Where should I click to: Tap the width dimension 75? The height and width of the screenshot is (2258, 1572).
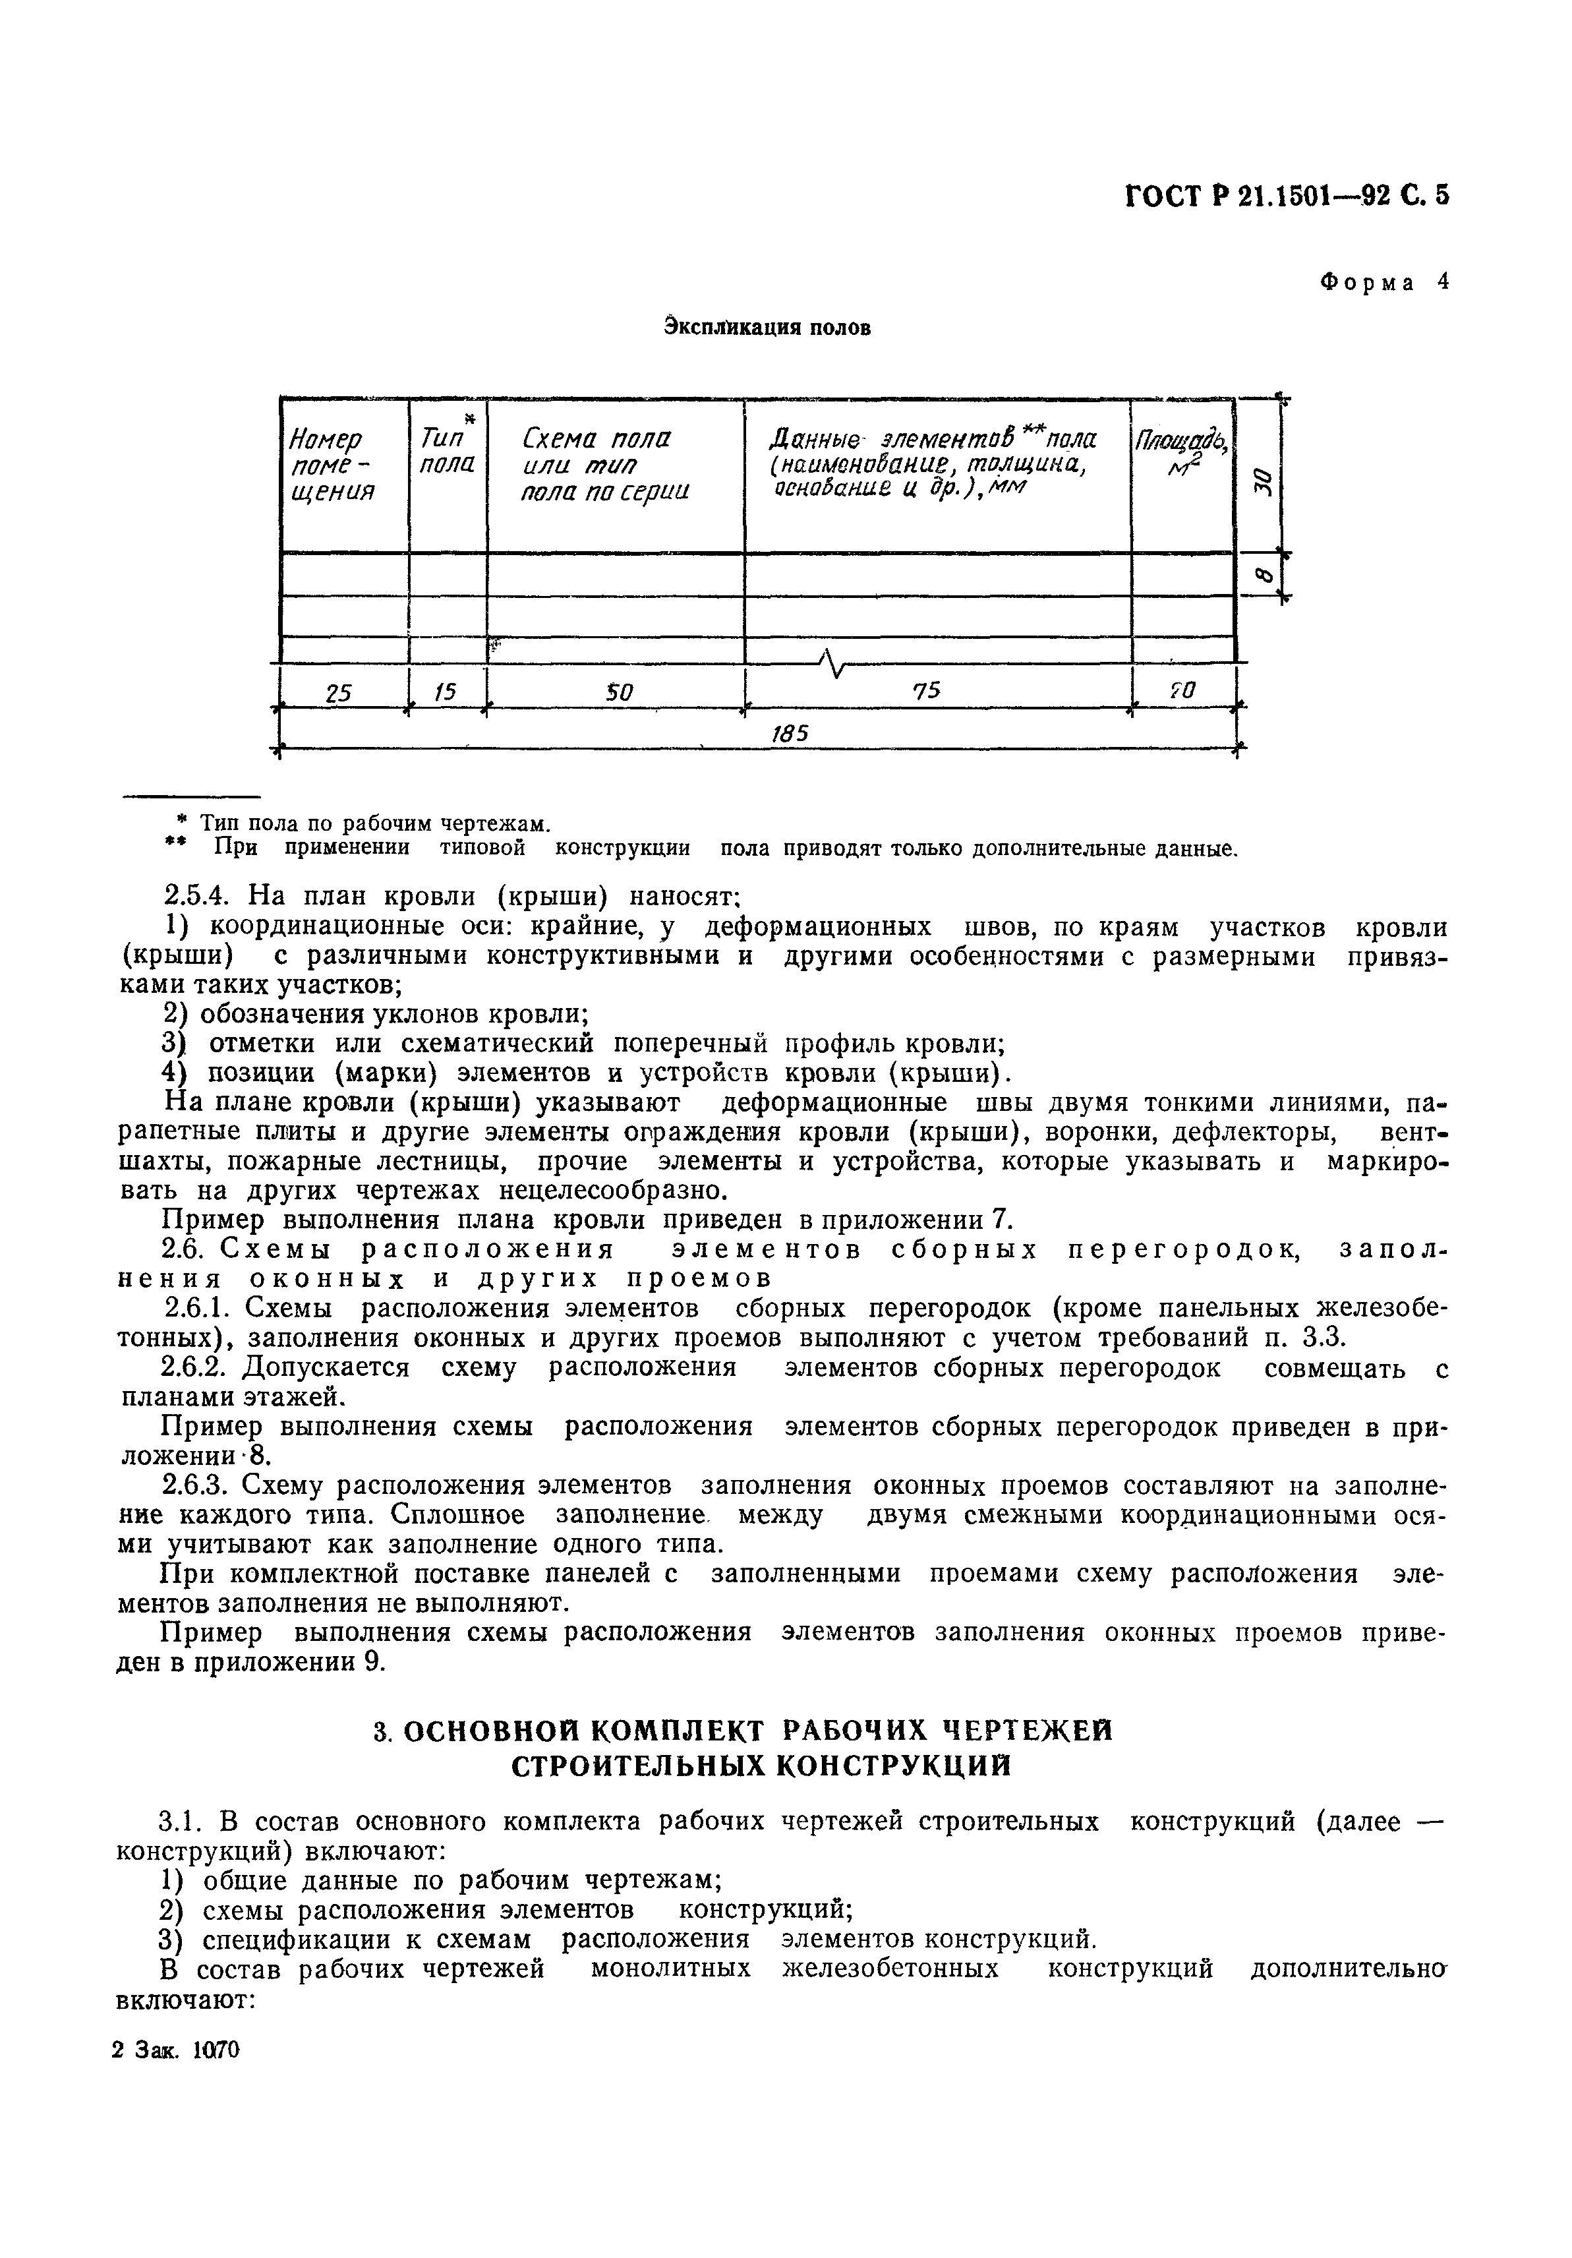(x=925, y=692)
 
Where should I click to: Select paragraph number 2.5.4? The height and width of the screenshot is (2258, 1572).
(x=194, y=896)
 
